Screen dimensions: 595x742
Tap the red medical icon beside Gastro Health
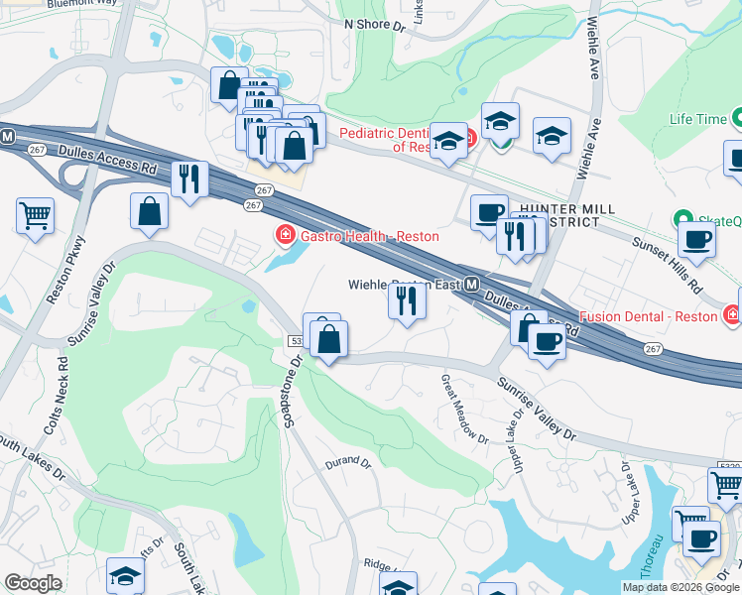pyautogui.click(x=284, y=235)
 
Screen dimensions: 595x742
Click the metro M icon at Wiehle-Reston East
pyautogui.click(x=472, y=285)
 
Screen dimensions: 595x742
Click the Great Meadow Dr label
pyautogui.click(x=464, y=408)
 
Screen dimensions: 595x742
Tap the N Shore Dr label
pyautogui.click(x=375, y=25)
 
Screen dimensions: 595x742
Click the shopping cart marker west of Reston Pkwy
pyautogui.click(x=36, y=215)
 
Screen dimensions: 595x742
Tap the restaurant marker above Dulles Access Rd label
pyautogui.click(x=188, y=179)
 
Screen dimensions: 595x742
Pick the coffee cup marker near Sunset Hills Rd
pyautogui.click(x=696, y=239)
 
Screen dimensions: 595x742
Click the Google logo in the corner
pyautogui.click(x=33, y=583)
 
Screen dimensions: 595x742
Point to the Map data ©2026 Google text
pyautogui.click(x=681, y=587)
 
